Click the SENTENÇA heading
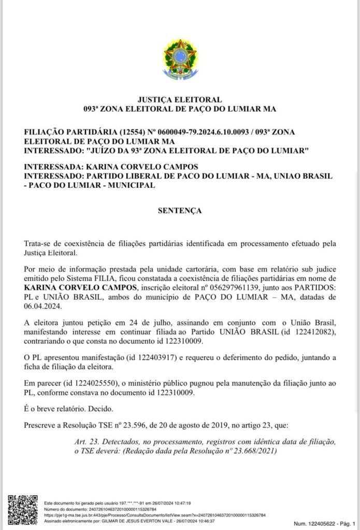click(180, 211)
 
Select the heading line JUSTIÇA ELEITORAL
click(180, 99)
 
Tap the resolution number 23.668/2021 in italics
click(249, 451)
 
